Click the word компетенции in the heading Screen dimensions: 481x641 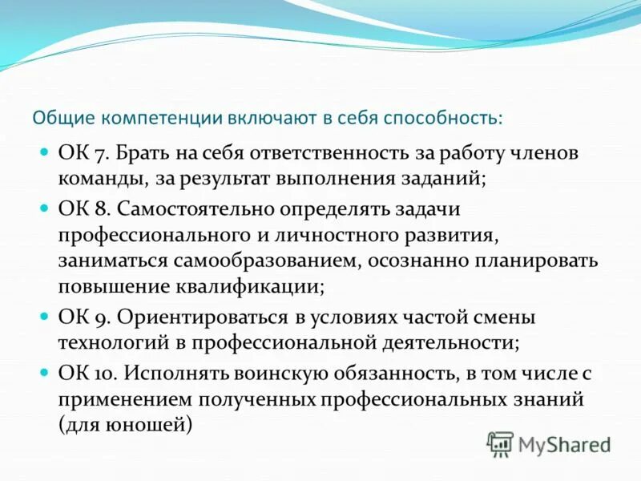pyautogui.click(x=149, y=117)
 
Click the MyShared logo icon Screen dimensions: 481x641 pyautogui.click(x=501, y=443)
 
